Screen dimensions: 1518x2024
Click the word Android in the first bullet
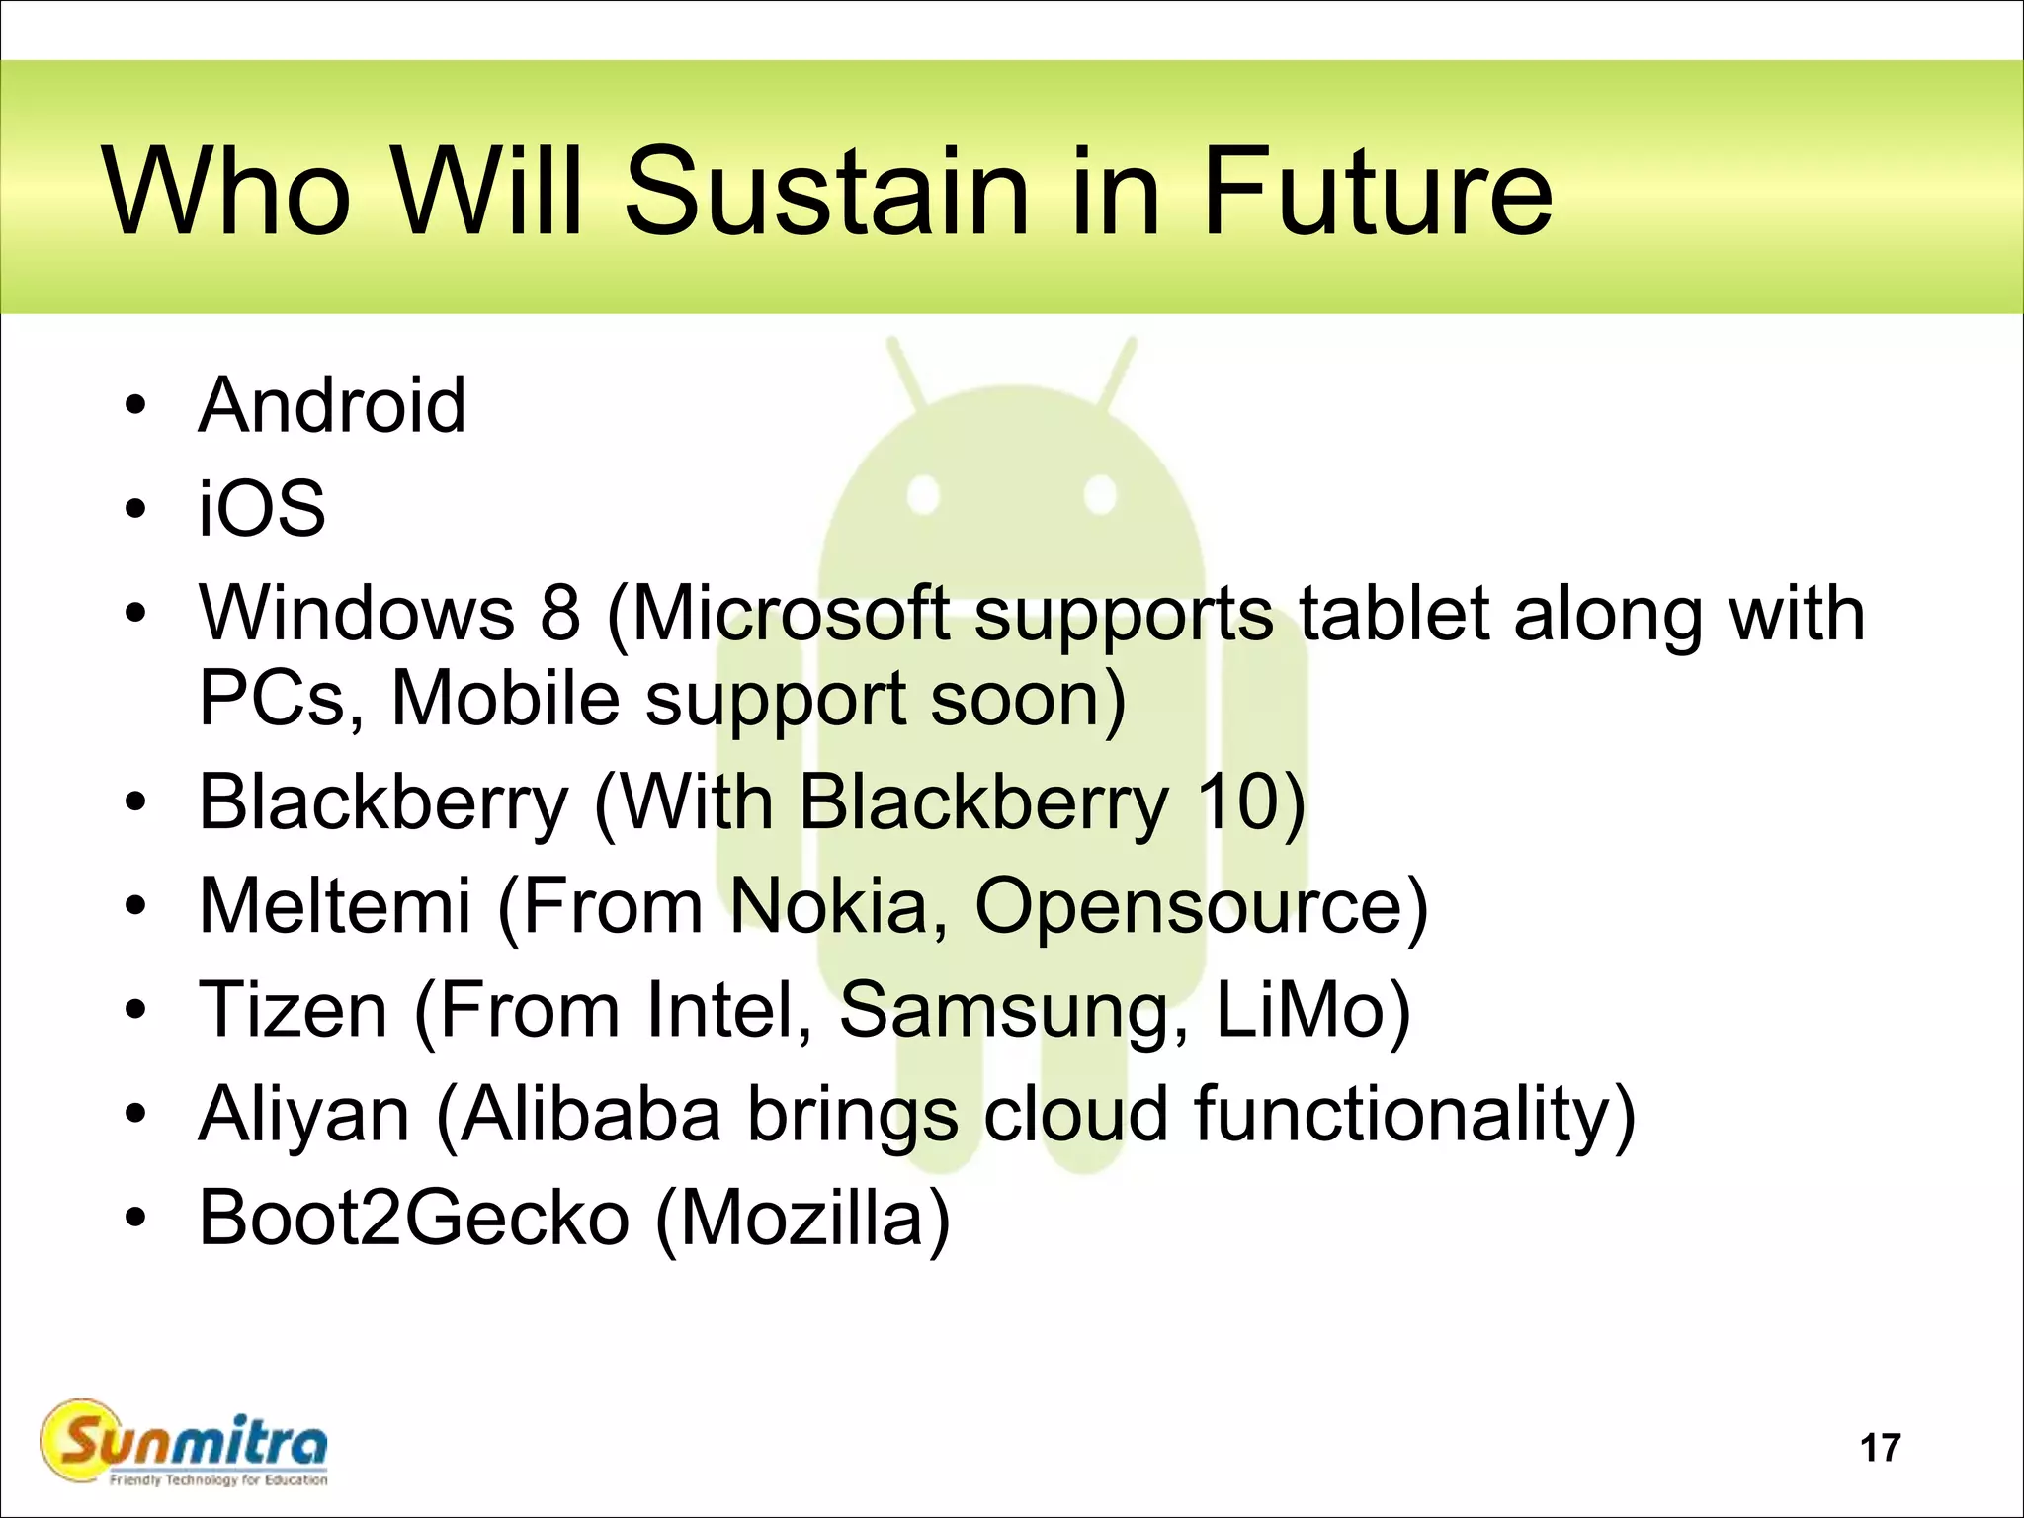point(332,405)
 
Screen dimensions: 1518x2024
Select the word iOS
point(262,509)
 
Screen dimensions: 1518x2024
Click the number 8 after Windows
point(560,614)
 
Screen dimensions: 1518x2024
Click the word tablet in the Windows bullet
point(1393,614)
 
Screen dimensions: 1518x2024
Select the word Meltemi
point(334,905)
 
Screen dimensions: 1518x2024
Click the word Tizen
point(294,1010)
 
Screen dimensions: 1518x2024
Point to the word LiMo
point(1303,1010)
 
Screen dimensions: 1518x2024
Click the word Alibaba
point(591,1115)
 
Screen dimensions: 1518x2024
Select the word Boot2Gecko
point(414,1219)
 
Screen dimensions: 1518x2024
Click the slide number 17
point(1880,1448)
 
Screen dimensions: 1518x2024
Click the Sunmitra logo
point(185,1445)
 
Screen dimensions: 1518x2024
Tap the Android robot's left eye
point(924,494)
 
